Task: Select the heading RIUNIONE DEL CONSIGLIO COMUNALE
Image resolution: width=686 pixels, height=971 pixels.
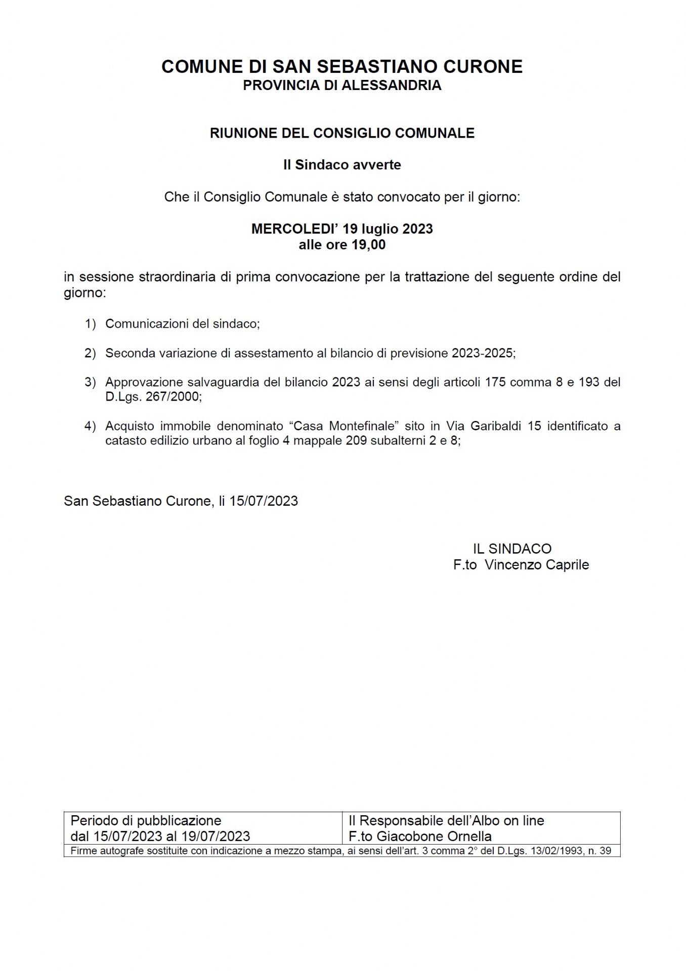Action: click(x=342, y=133)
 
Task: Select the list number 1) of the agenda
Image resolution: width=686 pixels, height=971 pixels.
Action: click(x=90, y=324)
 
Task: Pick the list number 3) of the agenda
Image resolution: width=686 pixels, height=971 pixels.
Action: click(x=90, y=382)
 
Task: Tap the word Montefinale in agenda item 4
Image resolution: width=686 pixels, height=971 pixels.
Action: click(x=362, y=426)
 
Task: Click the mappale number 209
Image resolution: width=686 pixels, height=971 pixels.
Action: click(x=356, y=440)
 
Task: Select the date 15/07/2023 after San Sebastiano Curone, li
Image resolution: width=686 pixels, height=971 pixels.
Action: click(x=264, y=501)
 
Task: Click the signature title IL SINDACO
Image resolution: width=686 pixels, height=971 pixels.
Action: click(x=512, y=549)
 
